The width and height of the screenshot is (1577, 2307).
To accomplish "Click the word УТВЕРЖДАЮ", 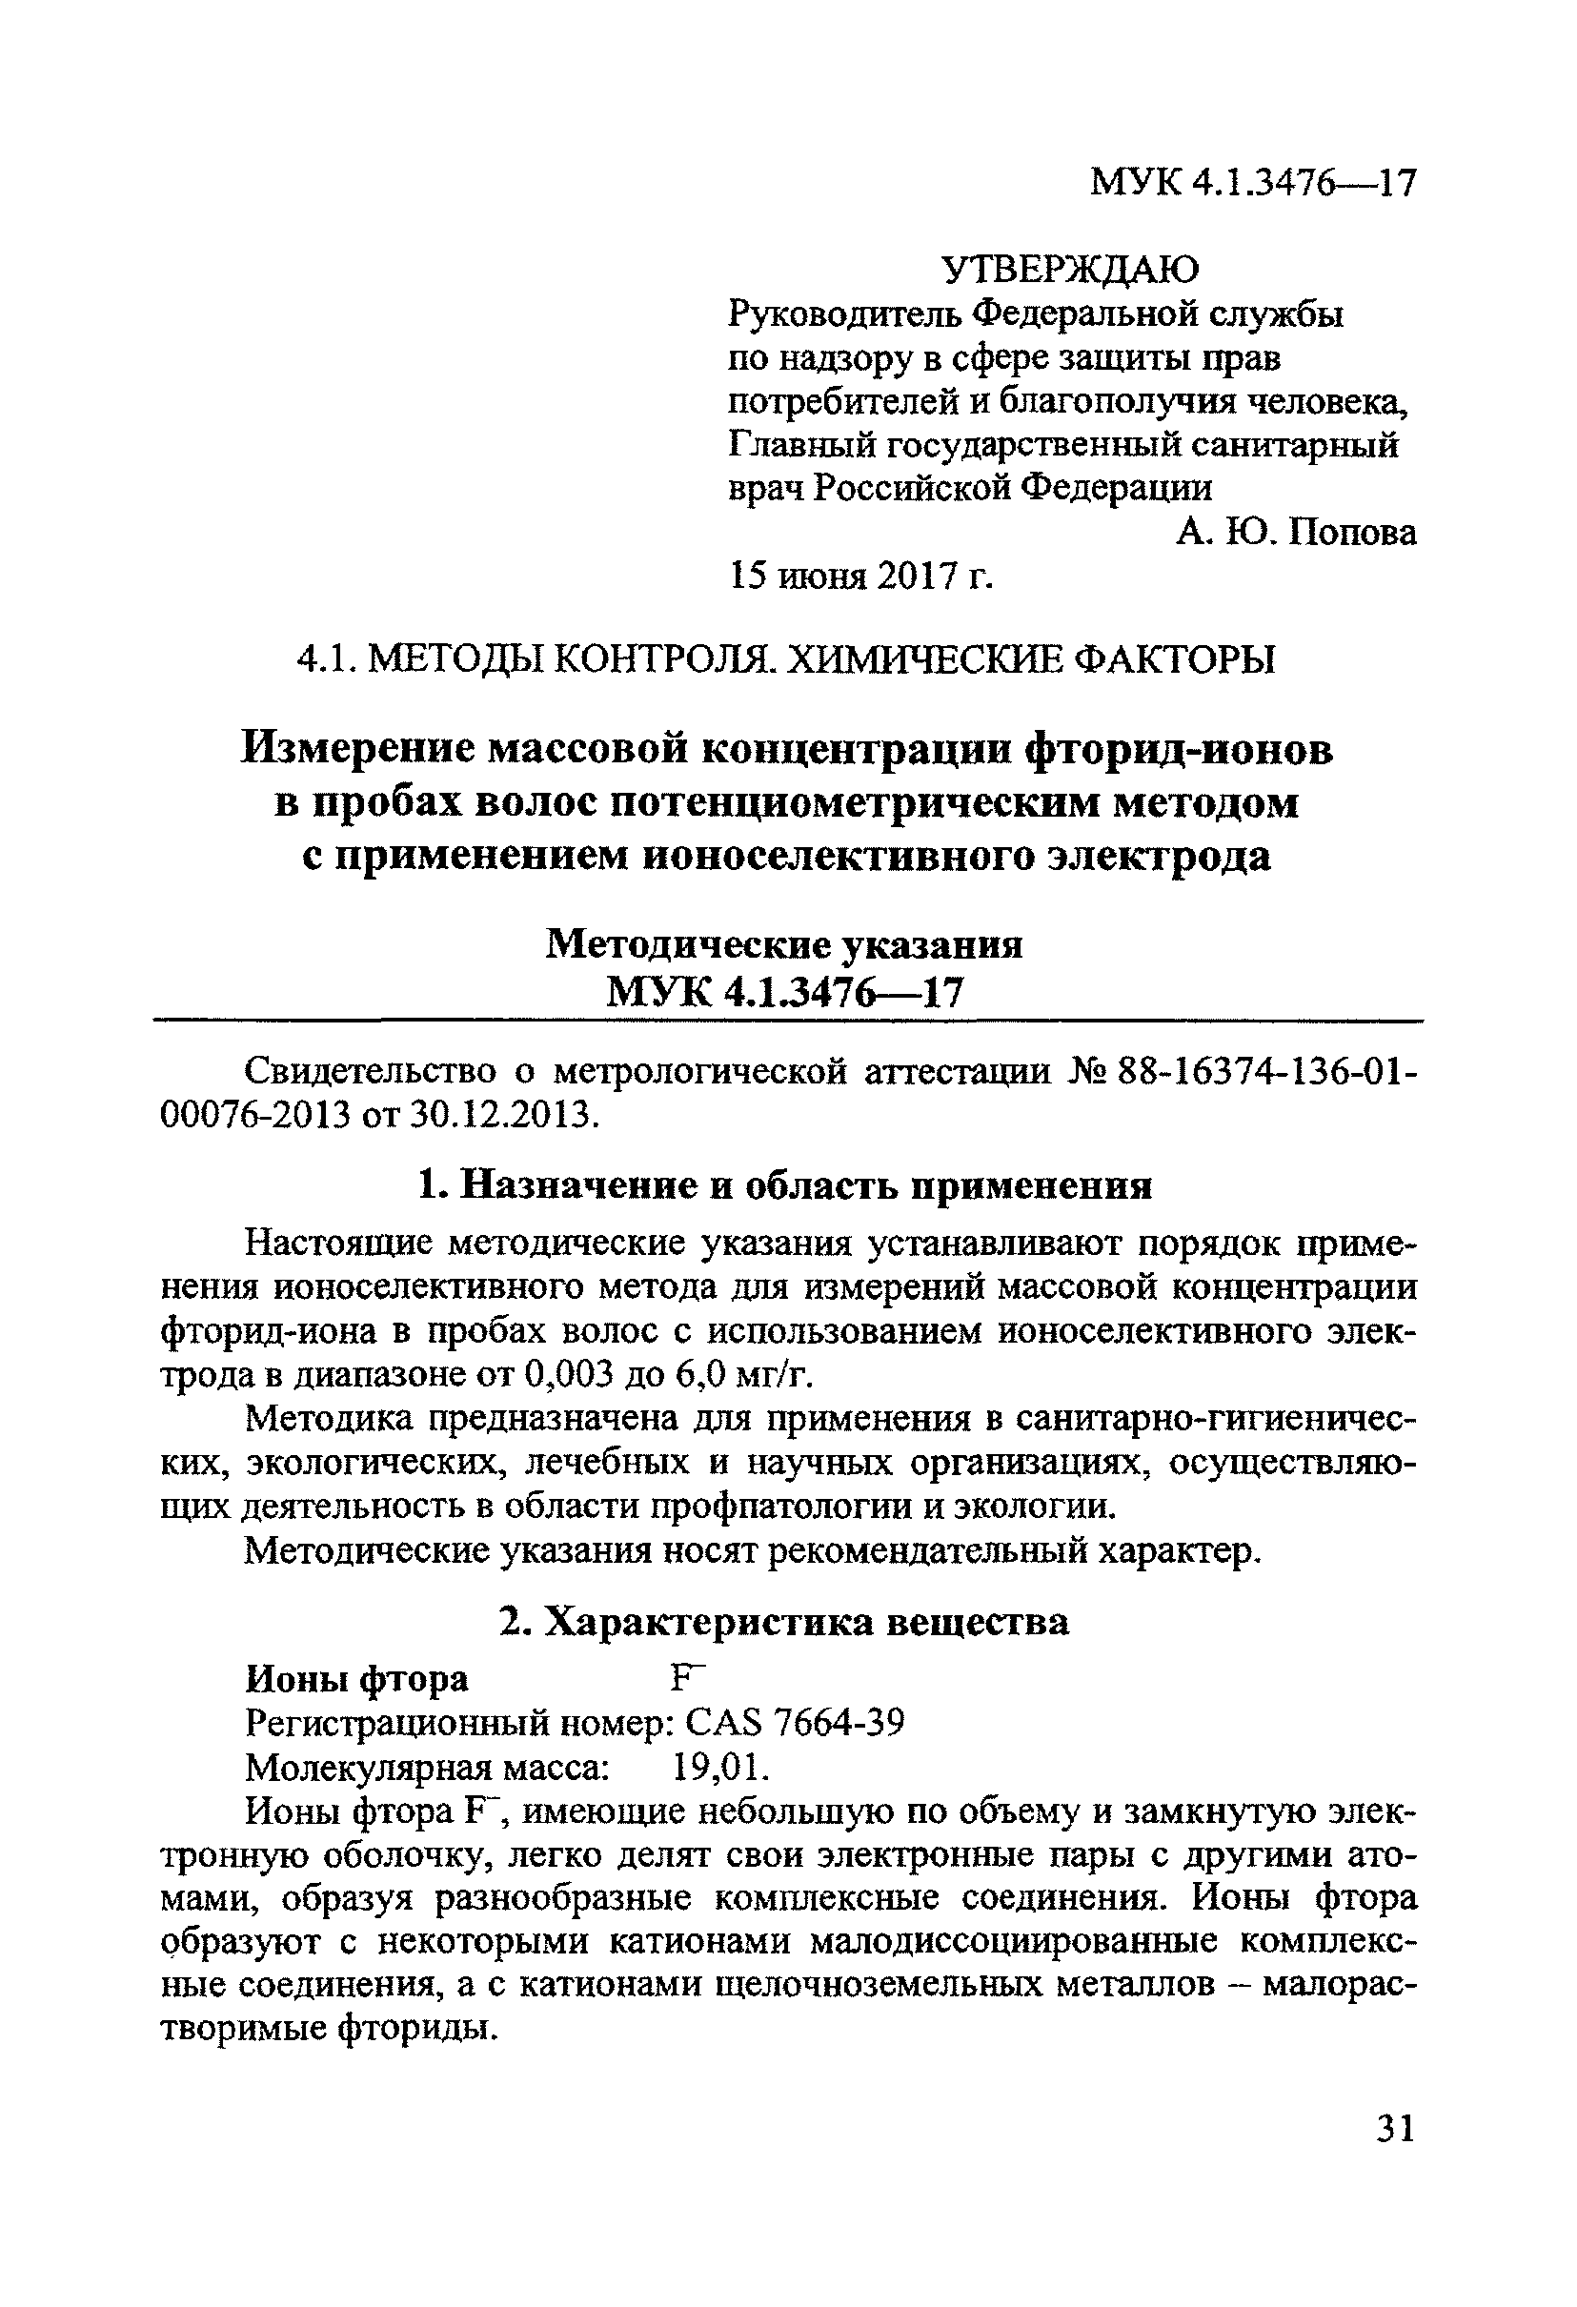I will point(1070,269).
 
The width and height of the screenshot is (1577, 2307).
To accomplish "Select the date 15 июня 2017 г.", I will point(860,576).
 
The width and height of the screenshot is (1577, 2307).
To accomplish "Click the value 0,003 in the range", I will point(570,1376).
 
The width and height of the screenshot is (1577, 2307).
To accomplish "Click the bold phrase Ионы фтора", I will point(356,1679).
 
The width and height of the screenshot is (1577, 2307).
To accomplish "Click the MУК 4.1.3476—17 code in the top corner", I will point(1252,184).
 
